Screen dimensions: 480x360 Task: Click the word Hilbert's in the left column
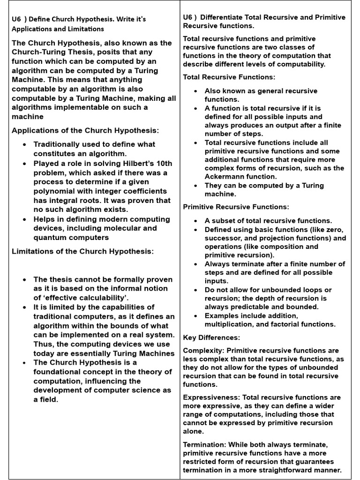coord(133,164)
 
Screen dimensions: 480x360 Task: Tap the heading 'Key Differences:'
coord(211,337)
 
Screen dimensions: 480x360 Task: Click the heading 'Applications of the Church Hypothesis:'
coord(85,130)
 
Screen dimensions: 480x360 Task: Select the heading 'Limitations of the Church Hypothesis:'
coord(82,251)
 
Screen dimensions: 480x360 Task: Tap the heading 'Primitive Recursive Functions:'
coord(236,207)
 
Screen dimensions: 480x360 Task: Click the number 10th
coord(162,164)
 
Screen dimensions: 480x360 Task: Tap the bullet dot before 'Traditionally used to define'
coord(25,145)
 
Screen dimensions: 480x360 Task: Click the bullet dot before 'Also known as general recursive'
coord(195,91)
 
